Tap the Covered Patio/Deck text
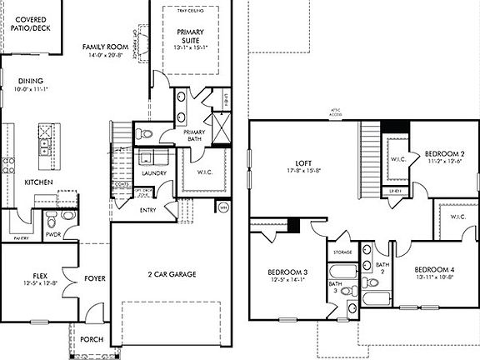click(x=24, y=22)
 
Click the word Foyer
click(x=94, y=278)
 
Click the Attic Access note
click(x=338, y=112)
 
